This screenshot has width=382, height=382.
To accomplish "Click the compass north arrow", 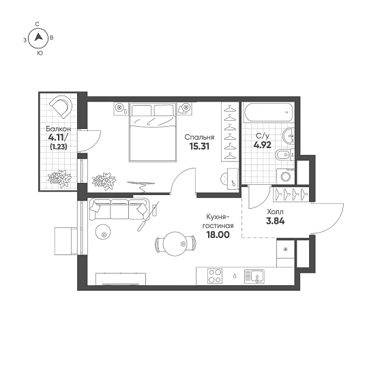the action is pos(38,38).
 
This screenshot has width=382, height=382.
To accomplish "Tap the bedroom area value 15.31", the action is pos(199,146).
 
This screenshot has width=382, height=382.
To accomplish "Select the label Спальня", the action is pos(199,137).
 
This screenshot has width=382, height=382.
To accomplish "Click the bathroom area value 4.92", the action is pos(262,145).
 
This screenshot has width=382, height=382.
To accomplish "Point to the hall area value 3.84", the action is pos(276,221).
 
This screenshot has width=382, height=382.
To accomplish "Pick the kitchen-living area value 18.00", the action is pos(218,235).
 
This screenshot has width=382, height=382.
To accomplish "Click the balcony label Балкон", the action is pos(59,129).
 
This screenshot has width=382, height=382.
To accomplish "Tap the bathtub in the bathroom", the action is pos(267,112).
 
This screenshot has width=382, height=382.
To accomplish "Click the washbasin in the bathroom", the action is pos(289,136).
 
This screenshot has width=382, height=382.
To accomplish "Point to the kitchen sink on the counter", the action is pos(254,276).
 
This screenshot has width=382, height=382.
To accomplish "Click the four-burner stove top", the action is pos(215,276).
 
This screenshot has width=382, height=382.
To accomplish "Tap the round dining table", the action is pos(175,244).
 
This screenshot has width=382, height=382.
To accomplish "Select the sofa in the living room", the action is pos(119,209).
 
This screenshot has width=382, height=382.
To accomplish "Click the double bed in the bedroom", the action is pos(153,132).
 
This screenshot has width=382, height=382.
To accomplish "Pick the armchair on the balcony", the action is pos(61,106).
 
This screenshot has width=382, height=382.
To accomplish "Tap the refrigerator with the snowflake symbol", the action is pos(286,253).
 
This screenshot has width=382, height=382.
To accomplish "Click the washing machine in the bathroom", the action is pos(286,176).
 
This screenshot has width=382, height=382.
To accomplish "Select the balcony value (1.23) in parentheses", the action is pos(59,147).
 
